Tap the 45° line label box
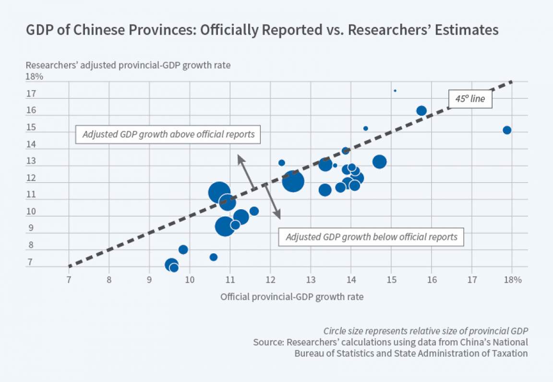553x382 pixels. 470,99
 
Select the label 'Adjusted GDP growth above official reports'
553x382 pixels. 168,134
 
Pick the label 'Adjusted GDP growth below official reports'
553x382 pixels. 371,237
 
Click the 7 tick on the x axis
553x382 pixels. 69,280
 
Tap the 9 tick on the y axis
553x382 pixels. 31,229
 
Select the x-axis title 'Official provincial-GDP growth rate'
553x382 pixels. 292,297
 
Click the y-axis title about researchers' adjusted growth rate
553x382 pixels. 128,65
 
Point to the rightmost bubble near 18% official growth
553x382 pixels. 507,130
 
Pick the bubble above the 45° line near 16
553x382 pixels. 421,111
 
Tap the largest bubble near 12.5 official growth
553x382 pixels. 293,181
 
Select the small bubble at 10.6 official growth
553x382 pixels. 214,257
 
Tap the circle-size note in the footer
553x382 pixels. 425,331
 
